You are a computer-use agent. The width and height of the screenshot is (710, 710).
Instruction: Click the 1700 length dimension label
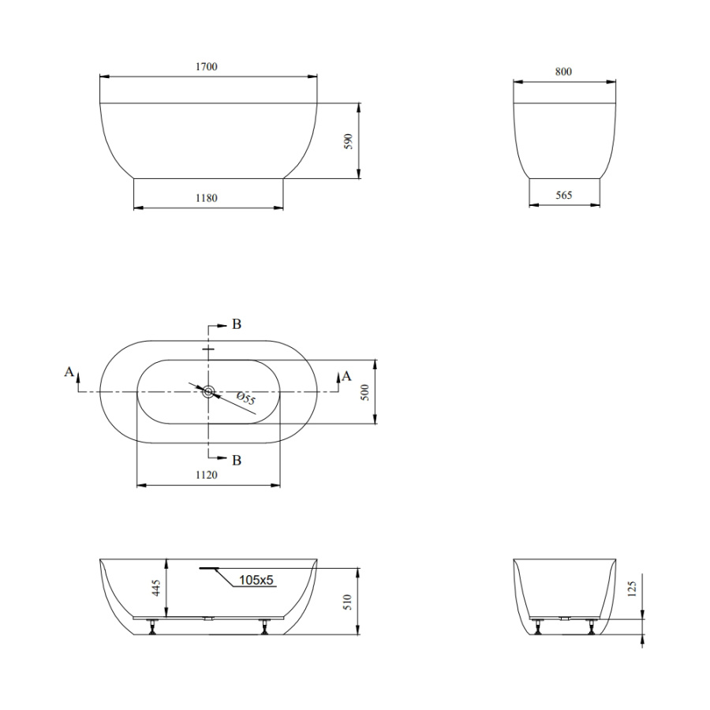click(x=207, y=66)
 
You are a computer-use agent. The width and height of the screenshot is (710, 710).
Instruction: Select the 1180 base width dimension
click(x=207, y=198)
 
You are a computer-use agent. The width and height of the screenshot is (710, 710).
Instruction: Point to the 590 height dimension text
click(x=348, y=142)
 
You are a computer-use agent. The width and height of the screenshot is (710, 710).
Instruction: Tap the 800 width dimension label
click(x=564, y=72)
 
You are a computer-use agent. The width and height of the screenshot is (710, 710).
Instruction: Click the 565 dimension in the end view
click(x=564, y=195)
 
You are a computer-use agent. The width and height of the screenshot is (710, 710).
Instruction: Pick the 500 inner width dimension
click(x=365, y=392)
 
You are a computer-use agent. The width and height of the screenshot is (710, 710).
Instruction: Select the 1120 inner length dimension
click(x=207, y=475)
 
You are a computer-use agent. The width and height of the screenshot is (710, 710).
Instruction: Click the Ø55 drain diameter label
click(x=246, y=398)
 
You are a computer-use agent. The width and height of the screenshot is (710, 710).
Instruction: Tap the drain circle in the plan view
click(x=208, y=392)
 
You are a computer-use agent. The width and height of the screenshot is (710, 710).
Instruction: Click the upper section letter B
click(x=237, y=324)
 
